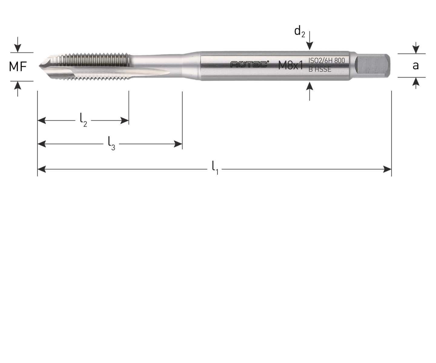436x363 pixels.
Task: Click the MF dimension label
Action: click(18, 67)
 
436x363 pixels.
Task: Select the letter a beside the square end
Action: click(416, 66)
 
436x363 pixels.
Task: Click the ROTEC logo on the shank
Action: click(249, 64)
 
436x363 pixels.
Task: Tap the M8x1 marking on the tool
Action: click(291, 66)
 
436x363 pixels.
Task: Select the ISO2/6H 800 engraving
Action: click(327, 61)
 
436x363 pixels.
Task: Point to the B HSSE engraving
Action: click(320, 70)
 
